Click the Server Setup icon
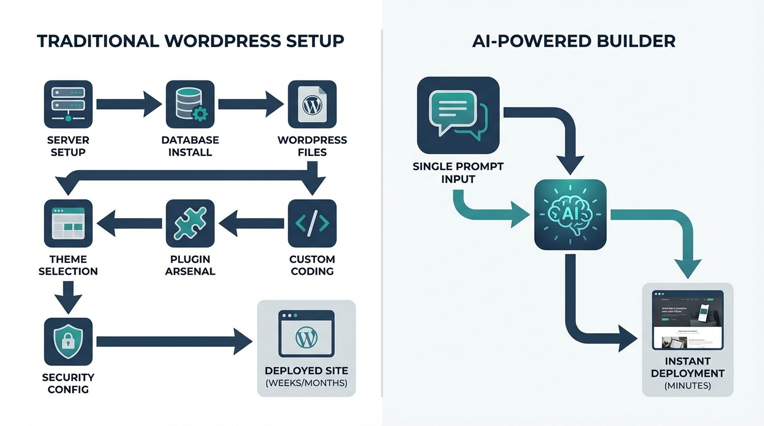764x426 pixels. (68, 104)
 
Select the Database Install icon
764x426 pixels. (190, 104)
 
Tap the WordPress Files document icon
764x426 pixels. (312, 104)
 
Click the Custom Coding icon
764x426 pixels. (312, 223)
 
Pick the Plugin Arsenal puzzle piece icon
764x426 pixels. (190, 223)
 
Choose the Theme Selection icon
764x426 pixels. (68, 223)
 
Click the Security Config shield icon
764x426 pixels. (68, 342)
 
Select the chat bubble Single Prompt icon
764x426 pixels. (458, 115)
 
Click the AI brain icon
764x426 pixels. (570, 215)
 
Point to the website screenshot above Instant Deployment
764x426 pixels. (688, 319)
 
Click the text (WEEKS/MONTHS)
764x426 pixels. (306, 383)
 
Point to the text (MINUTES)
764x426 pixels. (687, 386)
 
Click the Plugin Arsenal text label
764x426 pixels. (190, 265)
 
